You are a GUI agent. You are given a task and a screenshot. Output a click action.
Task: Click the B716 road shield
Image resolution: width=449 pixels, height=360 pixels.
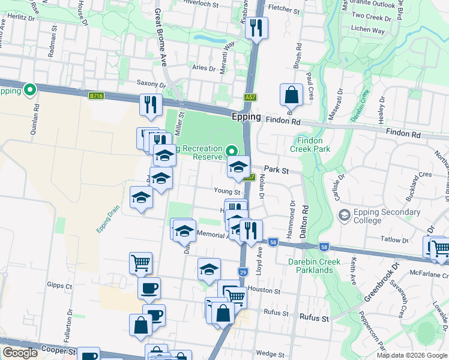(x=95, y=95)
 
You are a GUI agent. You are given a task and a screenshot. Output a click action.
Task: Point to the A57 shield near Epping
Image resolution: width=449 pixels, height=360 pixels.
(x=251, y=97)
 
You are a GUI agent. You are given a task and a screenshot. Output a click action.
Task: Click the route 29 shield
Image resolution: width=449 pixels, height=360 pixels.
(x=243, y=272)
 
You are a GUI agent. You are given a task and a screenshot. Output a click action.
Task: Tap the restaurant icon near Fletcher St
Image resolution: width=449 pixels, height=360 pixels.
(x=256, y=28)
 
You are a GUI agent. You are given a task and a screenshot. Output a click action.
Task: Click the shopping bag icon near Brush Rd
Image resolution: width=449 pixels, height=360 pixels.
(x=291, y=95)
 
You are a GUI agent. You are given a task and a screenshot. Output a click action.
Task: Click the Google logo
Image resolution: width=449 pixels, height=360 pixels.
(x=20, y=353)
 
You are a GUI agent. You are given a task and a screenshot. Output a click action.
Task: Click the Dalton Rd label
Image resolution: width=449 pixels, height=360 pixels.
(x=306, y=223)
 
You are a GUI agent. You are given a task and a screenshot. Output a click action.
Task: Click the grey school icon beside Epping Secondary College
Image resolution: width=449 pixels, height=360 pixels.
(x=345, y=215)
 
